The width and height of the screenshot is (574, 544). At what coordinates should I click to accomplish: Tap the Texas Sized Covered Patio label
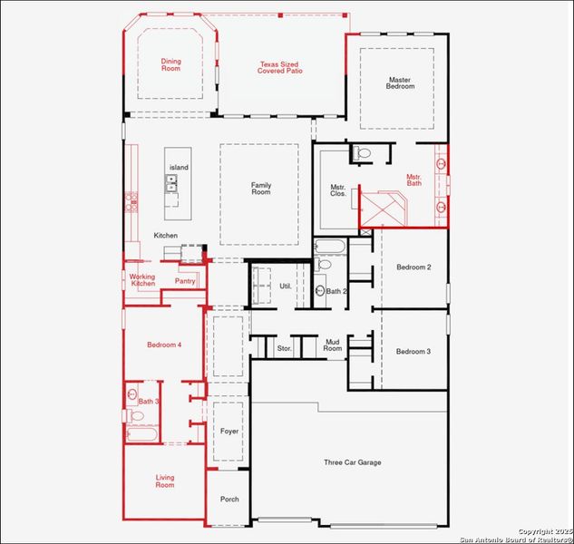click(280, 67)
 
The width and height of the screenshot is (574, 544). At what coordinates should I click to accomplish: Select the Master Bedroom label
click(401, 83)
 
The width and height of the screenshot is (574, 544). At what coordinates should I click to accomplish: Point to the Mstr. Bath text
click(414, 180)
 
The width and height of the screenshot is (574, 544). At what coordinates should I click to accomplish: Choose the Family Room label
click(261, 189)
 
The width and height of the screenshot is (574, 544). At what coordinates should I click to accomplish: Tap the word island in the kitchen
click(178, 168)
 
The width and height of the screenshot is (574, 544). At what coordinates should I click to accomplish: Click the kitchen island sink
click(171, 185)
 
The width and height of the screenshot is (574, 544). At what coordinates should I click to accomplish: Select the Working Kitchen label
click(142, 280)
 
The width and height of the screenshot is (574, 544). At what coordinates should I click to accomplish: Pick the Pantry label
click(185, 281)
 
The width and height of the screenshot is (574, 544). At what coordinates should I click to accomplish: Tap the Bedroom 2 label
click(413, 267)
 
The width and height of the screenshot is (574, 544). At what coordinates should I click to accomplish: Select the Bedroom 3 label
click(413, 351)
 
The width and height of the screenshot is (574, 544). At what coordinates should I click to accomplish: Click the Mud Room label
click(334, 345)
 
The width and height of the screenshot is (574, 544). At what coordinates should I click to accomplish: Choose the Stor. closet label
click(284, 348)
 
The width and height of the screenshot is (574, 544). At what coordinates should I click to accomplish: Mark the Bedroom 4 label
click(165, 345)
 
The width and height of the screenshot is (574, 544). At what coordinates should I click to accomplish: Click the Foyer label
click(229, 431)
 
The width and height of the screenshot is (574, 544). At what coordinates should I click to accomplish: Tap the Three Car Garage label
click(353, 462)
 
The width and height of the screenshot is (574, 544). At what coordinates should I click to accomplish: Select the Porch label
click(229, 499)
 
